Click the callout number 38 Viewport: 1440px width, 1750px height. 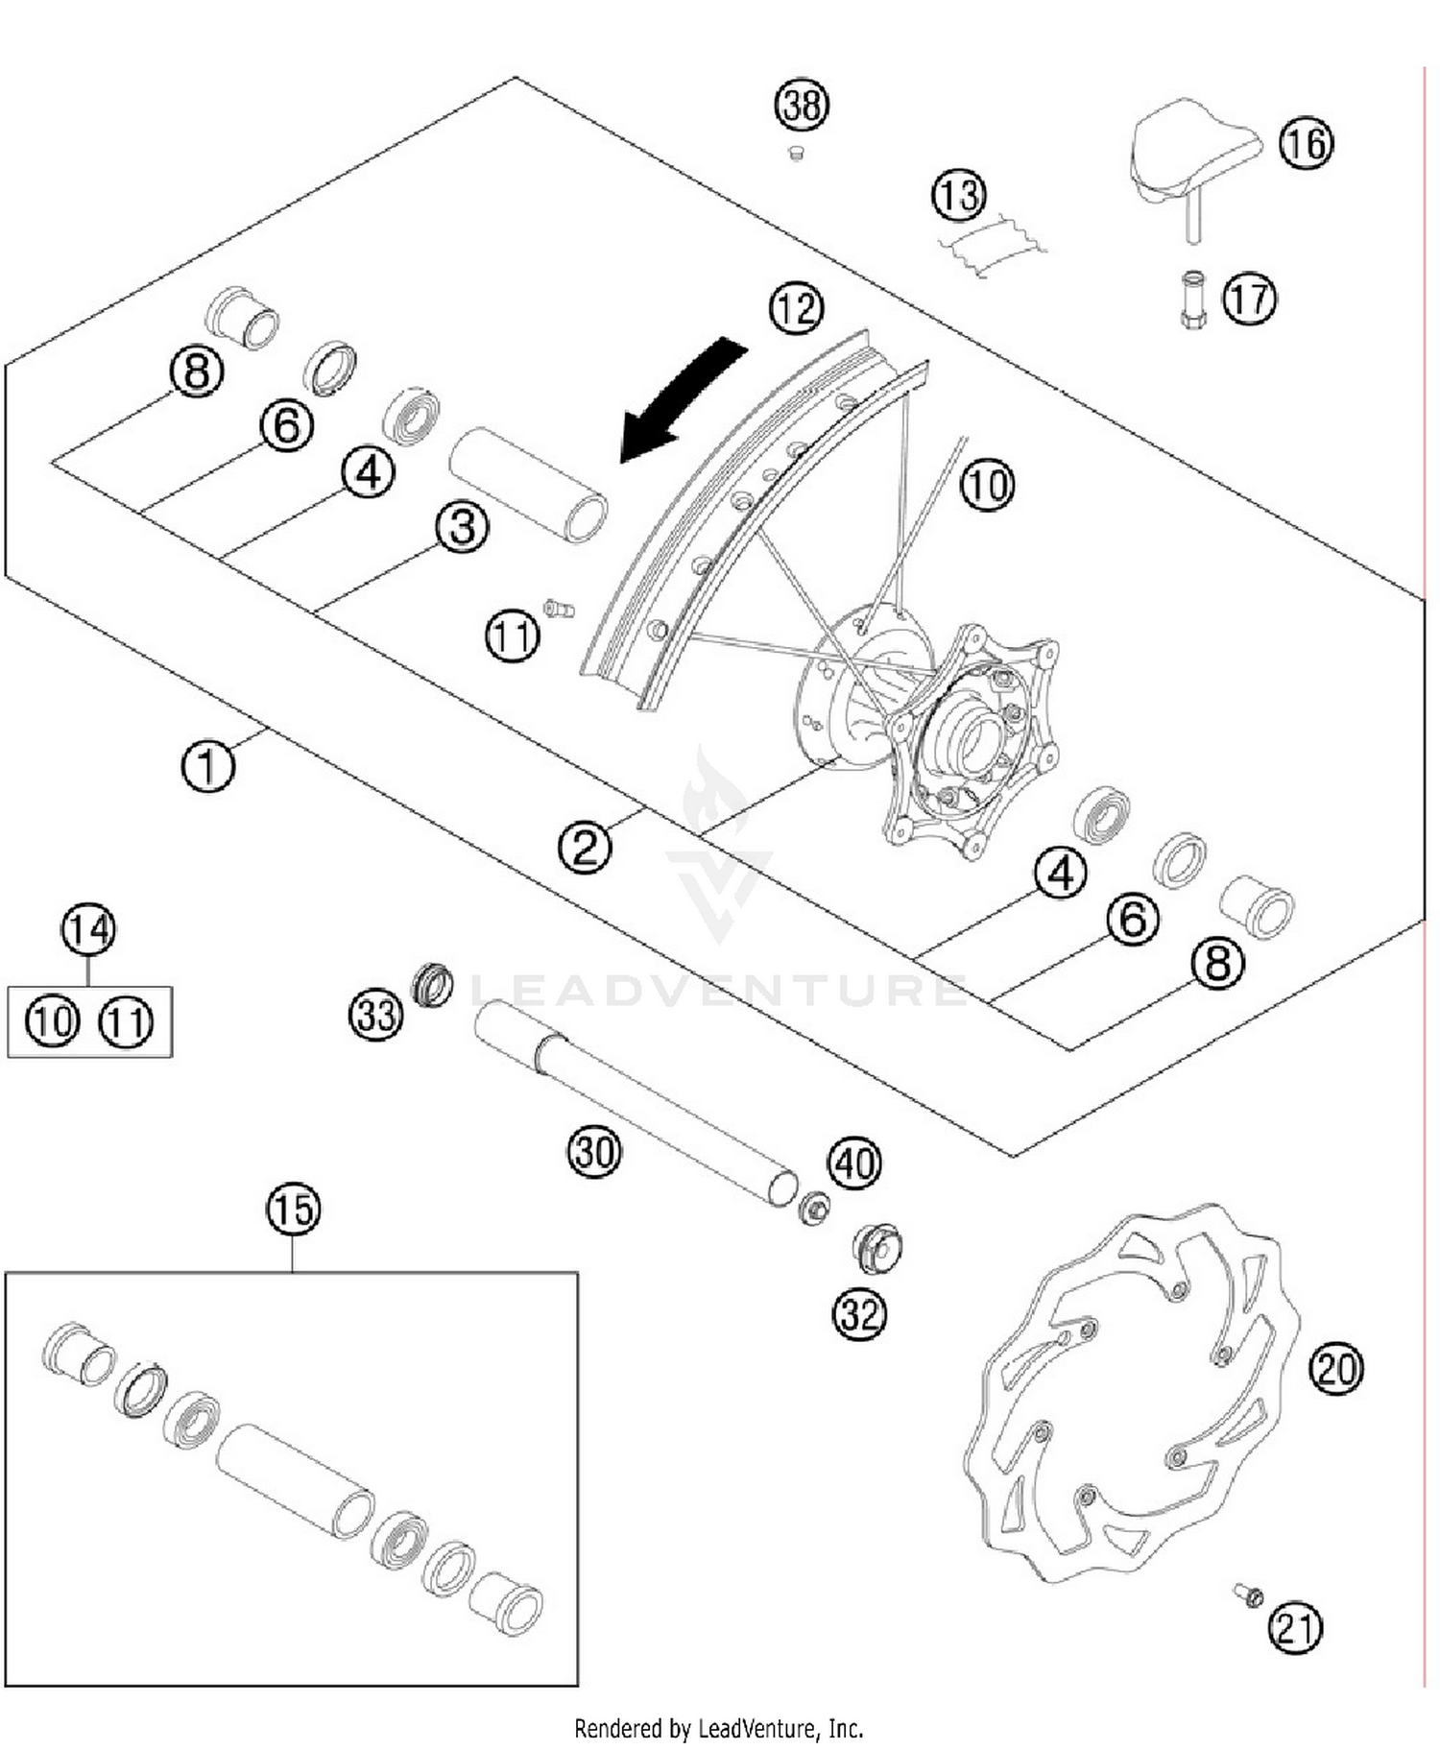pyautogui.click(x=802, y=104)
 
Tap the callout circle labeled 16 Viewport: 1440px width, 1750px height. pyautogui.click(x=1306, y=143)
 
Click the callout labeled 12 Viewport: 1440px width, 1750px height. pyautogui.click(x=796, y=308)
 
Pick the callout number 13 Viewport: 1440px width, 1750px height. pyautogui.click(x=958, y=195)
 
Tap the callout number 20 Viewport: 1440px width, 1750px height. pyautogui.click(x=1335, y=1368)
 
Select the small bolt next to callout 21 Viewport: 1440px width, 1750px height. pyautogui.click(x=1248, y=1595)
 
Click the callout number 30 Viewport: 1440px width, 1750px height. pyautogui.click(x=594, y=1150)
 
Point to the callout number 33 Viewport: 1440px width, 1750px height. pyautogui.click(x=375, y=1014)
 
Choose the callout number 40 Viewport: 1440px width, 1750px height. pyautogui.click(x=854, y=1163)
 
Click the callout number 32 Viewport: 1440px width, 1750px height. pyautogui.click(x=859, y=1314)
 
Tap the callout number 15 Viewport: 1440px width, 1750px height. pyautogui.click(x=293, y=1210)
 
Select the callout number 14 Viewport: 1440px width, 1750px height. pyautogui.click(x=88, y=929)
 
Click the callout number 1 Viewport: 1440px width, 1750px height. pyautogui.click(x=207, y=766)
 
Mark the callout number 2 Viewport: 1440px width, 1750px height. pyautogui.click(x=585, y=847)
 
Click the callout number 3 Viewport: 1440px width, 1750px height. pyautogui.click(x=462, y=527)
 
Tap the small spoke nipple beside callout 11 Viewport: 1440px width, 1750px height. pyautogui.click(x=559, y=608)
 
